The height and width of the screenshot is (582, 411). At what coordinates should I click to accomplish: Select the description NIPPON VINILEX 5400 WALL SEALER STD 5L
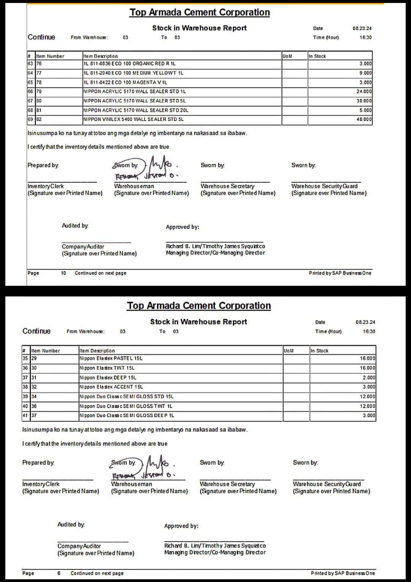tap(134, 120)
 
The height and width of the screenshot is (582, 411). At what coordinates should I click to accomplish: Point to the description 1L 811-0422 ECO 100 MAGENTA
tap(125, 83)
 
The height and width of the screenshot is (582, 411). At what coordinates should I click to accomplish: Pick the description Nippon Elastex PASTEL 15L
tap(111, 359)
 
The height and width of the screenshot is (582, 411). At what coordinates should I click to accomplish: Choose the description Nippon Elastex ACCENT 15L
tap(111, 387)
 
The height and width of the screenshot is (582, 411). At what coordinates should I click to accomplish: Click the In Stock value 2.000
tap(369, 378)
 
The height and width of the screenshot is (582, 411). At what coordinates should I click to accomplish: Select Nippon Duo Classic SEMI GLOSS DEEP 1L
tap(127, 416)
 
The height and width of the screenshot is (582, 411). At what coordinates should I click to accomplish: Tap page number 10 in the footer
tap(64, 273)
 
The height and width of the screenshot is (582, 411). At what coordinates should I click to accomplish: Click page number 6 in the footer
tap(59, 573)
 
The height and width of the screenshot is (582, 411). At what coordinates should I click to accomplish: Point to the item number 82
tap(39, 120)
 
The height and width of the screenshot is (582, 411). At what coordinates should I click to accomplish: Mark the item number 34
tap(34, 397)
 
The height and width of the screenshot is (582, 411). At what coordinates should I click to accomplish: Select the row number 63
tap(30, 64)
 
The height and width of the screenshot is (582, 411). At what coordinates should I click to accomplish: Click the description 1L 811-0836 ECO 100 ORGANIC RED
tap(129, 64)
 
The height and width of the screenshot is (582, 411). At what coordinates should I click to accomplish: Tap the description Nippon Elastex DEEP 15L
tap(108, 378)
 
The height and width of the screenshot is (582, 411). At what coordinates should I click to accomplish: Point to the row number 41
tap(25, 416)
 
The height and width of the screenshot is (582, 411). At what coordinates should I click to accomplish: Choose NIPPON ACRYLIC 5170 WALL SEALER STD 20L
tap(136, 110)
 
